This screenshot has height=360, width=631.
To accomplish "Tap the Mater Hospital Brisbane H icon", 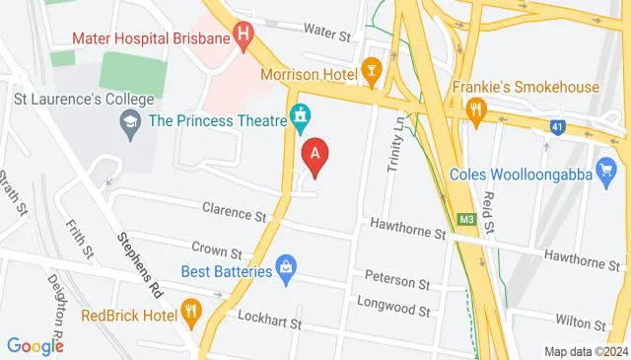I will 244,39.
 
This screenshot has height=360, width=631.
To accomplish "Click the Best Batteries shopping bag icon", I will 286,265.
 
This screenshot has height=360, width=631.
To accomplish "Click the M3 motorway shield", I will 465,220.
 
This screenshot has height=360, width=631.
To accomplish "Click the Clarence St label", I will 235,211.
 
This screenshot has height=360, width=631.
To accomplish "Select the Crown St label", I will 217,253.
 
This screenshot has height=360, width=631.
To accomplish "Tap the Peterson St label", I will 397,281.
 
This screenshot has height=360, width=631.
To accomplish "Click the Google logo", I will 35,345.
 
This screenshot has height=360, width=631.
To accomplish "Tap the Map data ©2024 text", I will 586,351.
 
